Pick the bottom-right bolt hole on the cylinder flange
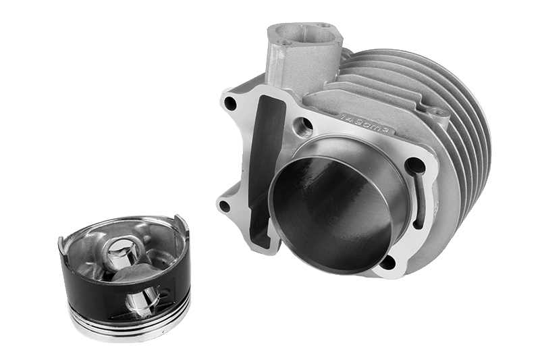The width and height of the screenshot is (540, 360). (x=389, y=261)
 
